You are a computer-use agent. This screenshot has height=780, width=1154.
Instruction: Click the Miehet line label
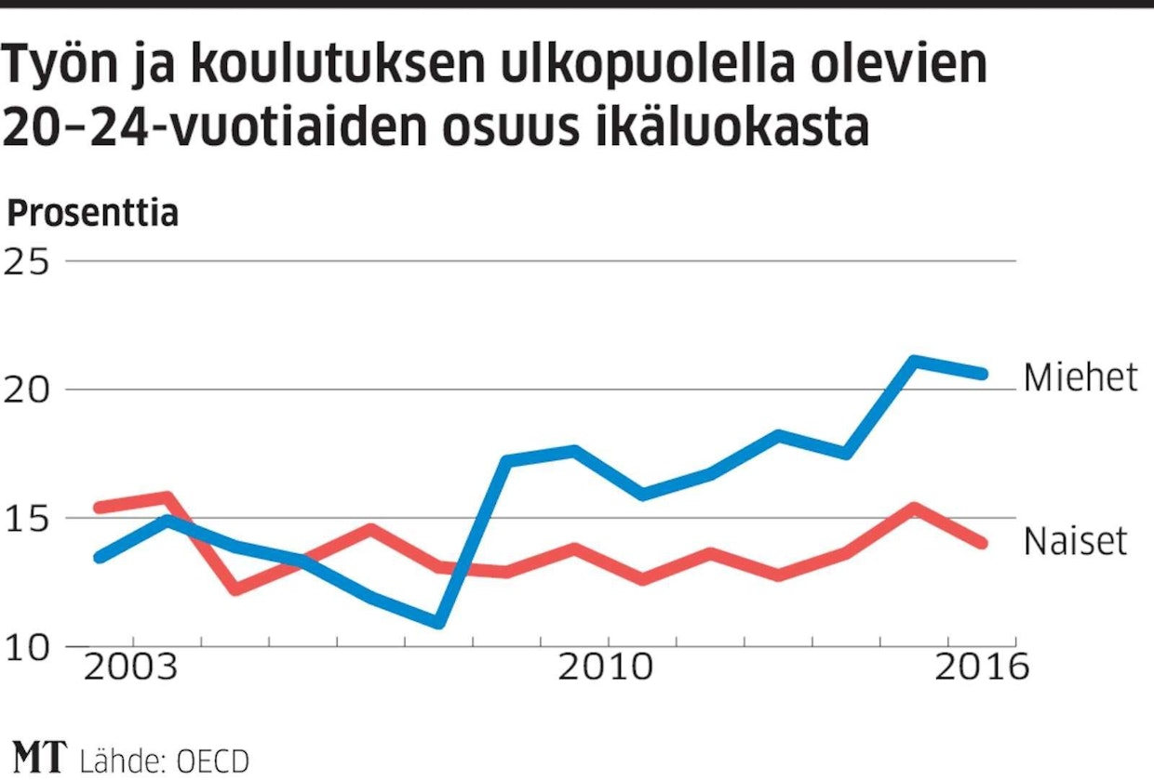tap(1080, 377)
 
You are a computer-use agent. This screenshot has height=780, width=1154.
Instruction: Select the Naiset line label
tap(1075, 541)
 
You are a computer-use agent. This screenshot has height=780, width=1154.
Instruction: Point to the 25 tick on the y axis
tap(27, 261)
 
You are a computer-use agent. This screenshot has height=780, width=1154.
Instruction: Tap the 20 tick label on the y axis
tap(27, 390)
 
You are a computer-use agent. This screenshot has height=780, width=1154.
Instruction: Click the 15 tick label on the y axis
tap(27, 518)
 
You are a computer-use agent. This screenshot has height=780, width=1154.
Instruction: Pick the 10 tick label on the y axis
tap(27, 647)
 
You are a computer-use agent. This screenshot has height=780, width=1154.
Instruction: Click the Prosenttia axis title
tap(92, 214)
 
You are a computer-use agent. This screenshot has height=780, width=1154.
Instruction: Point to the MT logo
tap(40, 757)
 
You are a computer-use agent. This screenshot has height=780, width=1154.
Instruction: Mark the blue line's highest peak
tap(914, 361)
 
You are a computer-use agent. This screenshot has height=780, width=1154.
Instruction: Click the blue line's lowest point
tap(439, 621)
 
